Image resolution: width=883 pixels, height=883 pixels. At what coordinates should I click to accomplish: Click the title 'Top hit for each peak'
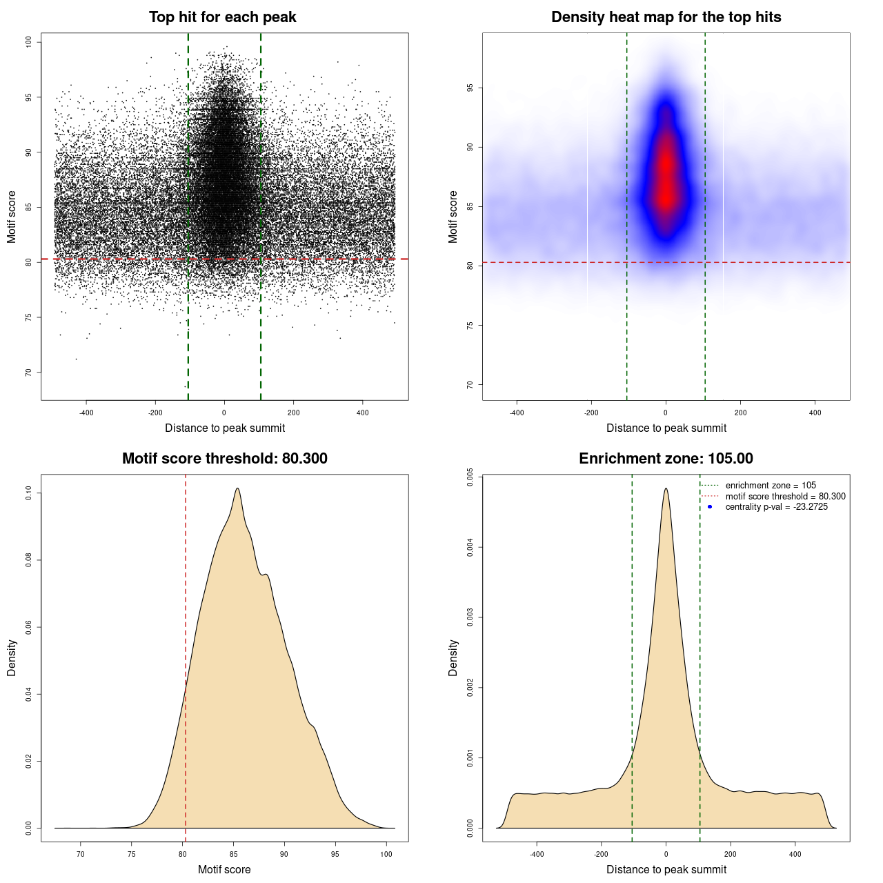[223, 17]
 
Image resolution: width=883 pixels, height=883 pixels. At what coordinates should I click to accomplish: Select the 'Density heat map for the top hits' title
[666, 17]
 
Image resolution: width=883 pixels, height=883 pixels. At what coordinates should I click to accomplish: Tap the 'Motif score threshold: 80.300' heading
[224, 459]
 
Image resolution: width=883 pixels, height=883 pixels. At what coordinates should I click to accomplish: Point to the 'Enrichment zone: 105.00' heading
[666, 459]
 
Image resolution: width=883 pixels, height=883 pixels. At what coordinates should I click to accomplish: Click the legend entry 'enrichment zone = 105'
[770, 486]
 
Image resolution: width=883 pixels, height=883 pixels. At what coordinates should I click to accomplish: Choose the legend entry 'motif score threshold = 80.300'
[785, 496]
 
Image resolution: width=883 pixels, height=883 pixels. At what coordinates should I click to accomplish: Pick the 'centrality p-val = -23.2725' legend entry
[776, 507]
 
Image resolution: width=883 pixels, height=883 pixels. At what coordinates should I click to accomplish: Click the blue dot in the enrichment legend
[710, 507]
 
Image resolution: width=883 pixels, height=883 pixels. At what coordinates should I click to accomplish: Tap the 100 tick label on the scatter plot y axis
[29, 42]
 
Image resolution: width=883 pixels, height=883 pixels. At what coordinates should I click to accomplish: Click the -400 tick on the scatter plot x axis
[86, 413]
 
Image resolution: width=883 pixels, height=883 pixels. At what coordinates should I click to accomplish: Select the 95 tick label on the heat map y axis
[470, 88]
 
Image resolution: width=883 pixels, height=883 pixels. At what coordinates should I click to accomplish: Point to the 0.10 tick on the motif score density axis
[29, 493]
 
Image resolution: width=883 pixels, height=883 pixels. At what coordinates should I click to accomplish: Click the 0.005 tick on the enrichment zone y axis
[470, 477]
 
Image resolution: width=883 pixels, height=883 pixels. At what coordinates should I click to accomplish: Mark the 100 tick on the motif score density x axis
[386, 854]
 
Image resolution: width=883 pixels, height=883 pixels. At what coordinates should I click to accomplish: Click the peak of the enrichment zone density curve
[666, 488]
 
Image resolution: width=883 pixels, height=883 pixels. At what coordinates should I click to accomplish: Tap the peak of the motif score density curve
[237, 488]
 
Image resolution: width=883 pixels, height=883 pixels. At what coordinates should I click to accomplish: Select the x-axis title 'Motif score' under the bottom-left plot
[224, 869]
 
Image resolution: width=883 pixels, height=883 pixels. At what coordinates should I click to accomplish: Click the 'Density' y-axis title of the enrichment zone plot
[453, 657]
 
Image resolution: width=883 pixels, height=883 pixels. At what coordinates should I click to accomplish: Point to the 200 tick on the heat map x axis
[740, 413]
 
